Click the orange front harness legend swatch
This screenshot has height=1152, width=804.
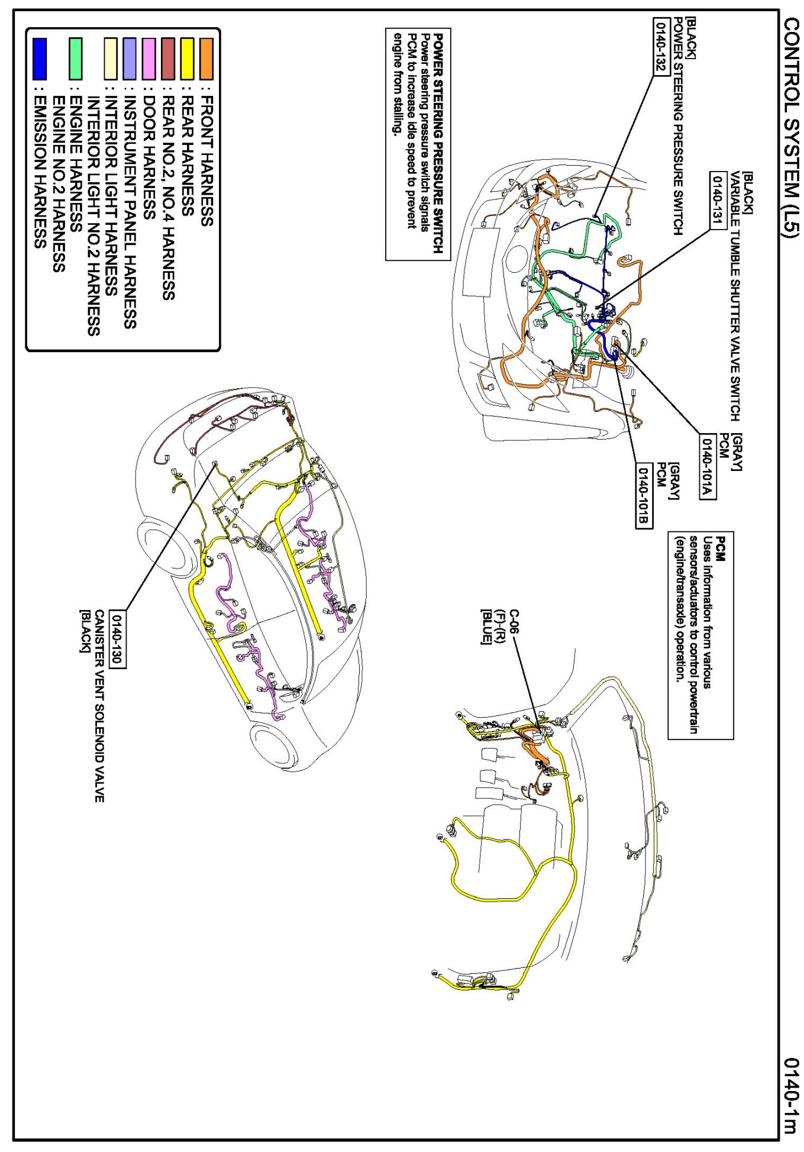click(x=206, y=59)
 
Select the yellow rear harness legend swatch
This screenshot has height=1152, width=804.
click(x=187, y=59)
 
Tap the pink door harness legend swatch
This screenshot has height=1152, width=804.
click(x=148, y=59)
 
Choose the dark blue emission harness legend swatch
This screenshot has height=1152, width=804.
click(x=40, y=59)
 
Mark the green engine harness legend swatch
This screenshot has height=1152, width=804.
click(x=75, y=59)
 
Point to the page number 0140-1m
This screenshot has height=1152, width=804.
click(x=790, y=1095)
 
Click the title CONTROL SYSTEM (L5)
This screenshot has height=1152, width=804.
click(x=790, y=128)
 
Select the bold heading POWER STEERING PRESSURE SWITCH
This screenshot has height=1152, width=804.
click(x=438, y=143)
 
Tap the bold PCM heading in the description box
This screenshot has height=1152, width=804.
click(x=721, y=549)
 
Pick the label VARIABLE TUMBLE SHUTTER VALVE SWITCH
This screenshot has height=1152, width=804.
click(x=735, y=296)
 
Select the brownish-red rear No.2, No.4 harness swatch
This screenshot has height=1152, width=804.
click(x=168, y=59)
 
